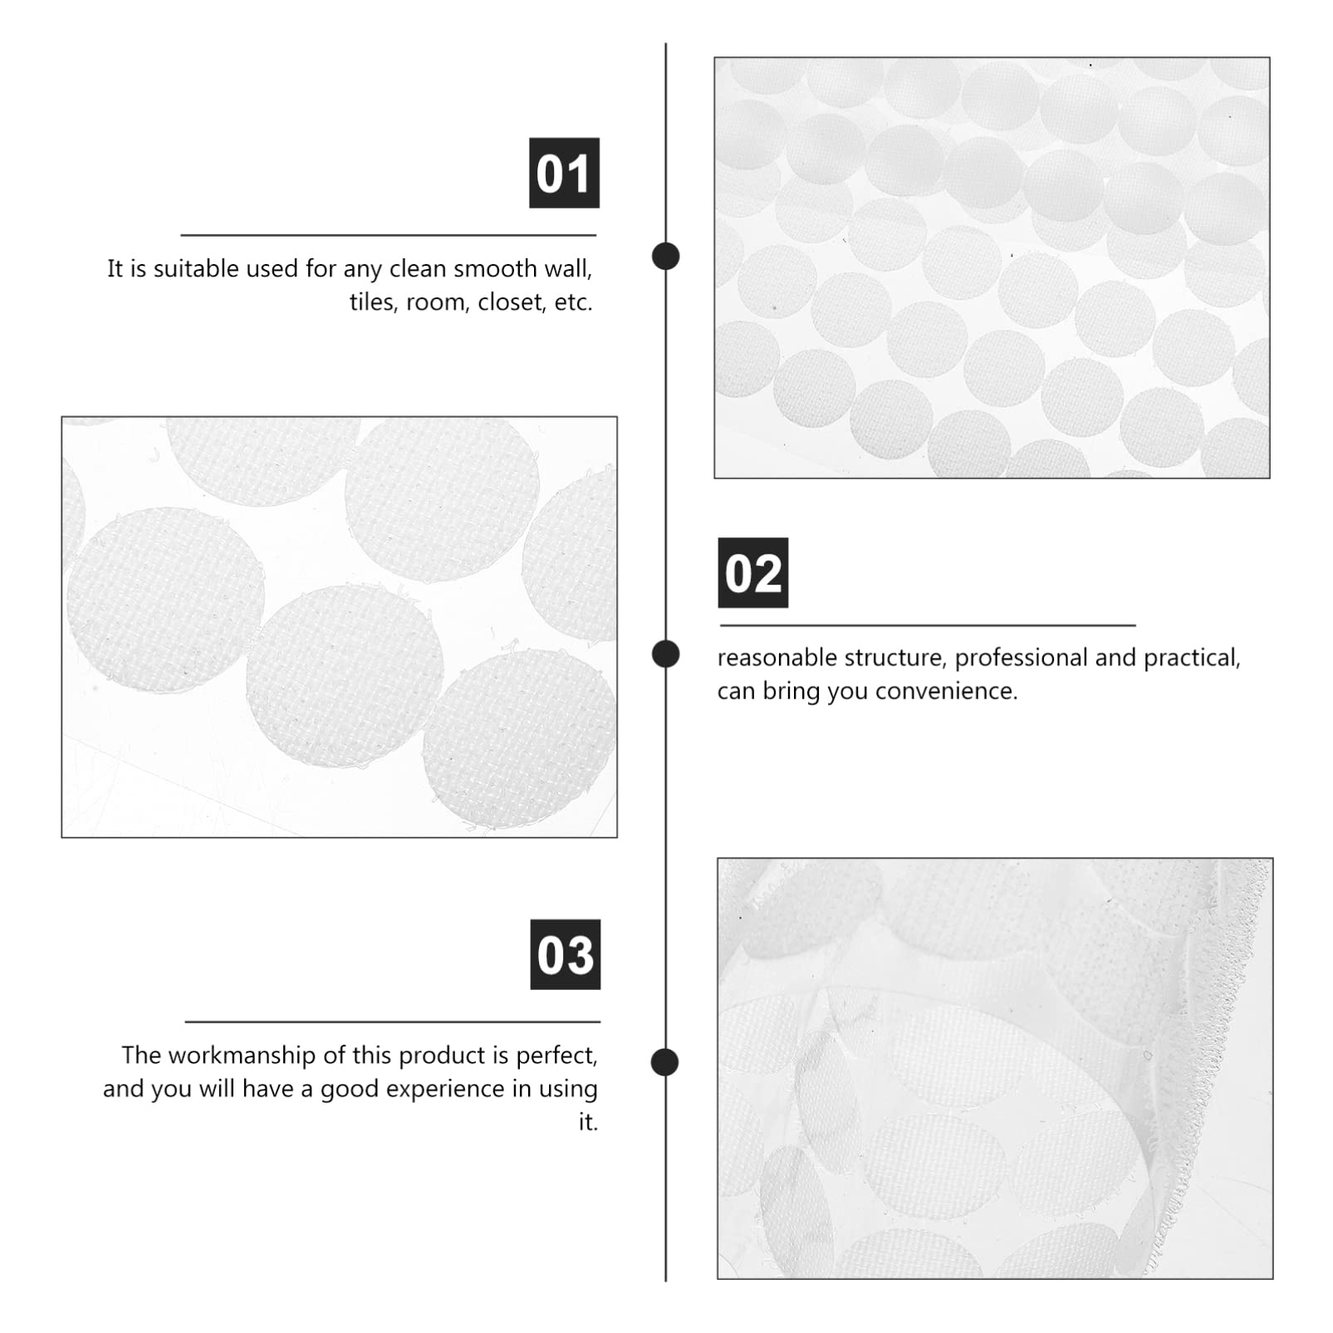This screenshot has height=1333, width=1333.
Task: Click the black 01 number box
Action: click(x=564, y=173)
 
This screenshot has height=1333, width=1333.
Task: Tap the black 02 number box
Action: click(x=752, y=573)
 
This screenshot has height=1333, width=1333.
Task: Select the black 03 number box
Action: click(x=565, y=954)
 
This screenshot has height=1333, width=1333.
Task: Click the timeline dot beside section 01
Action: click(x=665, y=256)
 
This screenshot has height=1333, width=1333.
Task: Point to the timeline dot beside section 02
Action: click(x=665, y=654)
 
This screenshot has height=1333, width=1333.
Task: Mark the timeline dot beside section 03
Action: click(x=664, y=1062)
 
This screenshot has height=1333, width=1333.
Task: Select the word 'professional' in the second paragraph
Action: click(x=1021, y=658)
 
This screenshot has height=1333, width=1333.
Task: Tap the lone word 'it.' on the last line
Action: click(x=588, y=1122)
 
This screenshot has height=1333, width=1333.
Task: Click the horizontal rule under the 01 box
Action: click(x=388, y=235)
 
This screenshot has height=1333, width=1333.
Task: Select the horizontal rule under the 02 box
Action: click(x=927, y=625)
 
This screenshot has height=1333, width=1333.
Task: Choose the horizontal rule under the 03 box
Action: click(x=392, y=1022)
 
